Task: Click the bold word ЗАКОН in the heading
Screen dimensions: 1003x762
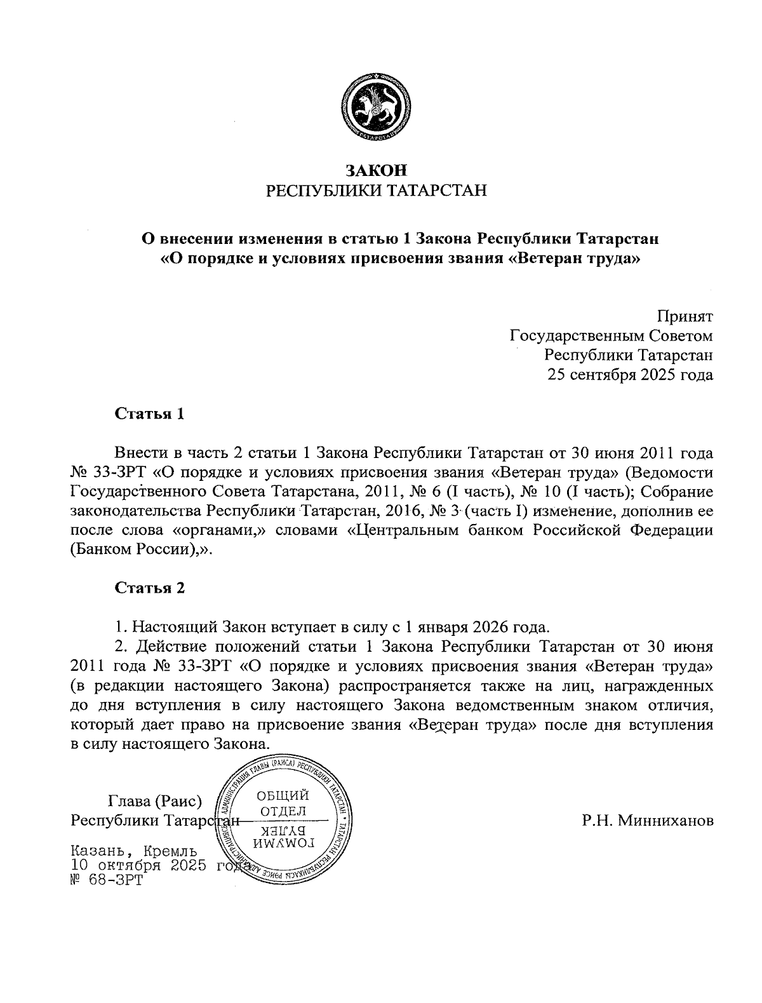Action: click(375, 170)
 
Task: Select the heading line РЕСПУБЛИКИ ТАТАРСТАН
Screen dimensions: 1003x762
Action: click(375, 190)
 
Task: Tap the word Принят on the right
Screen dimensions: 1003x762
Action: click(685, 316)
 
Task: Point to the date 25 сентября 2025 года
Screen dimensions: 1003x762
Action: click(630, 375)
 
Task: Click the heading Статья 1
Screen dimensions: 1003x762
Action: click(149, 414)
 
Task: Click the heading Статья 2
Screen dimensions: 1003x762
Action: click(149, 588)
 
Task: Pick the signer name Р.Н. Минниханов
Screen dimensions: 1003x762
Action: click(647, 821)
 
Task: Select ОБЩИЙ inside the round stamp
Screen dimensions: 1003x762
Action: click(283, 796)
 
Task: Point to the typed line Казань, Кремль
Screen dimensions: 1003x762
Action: click(133, 851)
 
